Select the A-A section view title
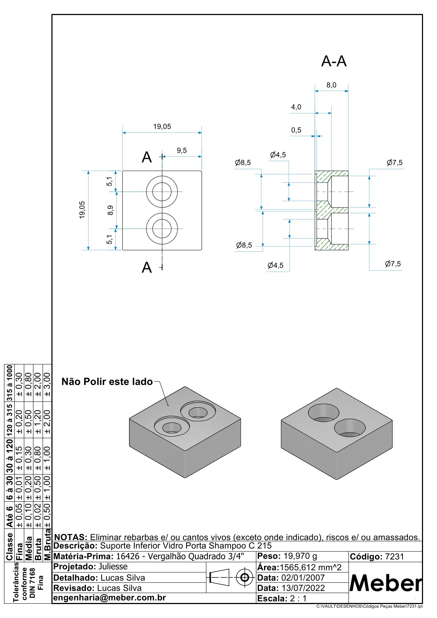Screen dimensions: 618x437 click(334, 62)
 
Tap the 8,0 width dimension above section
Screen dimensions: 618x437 click(331, 85)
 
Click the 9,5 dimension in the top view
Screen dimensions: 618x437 click(182, 150)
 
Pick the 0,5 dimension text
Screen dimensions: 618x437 click(296, 130)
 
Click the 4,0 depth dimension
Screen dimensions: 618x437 click(296, 107)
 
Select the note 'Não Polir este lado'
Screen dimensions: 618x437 click(107, 382)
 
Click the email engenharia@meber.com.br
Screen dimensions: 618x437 click(109, 598)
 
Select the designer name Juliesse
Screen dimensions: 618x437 click(113, 567)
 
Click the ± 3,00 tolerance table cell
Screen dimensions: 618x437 click(47, 384)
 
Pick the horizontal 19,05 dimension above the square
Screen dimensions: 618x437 click(162, 127)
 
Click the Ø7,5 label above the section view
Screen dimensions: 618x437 click(394, 163)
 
